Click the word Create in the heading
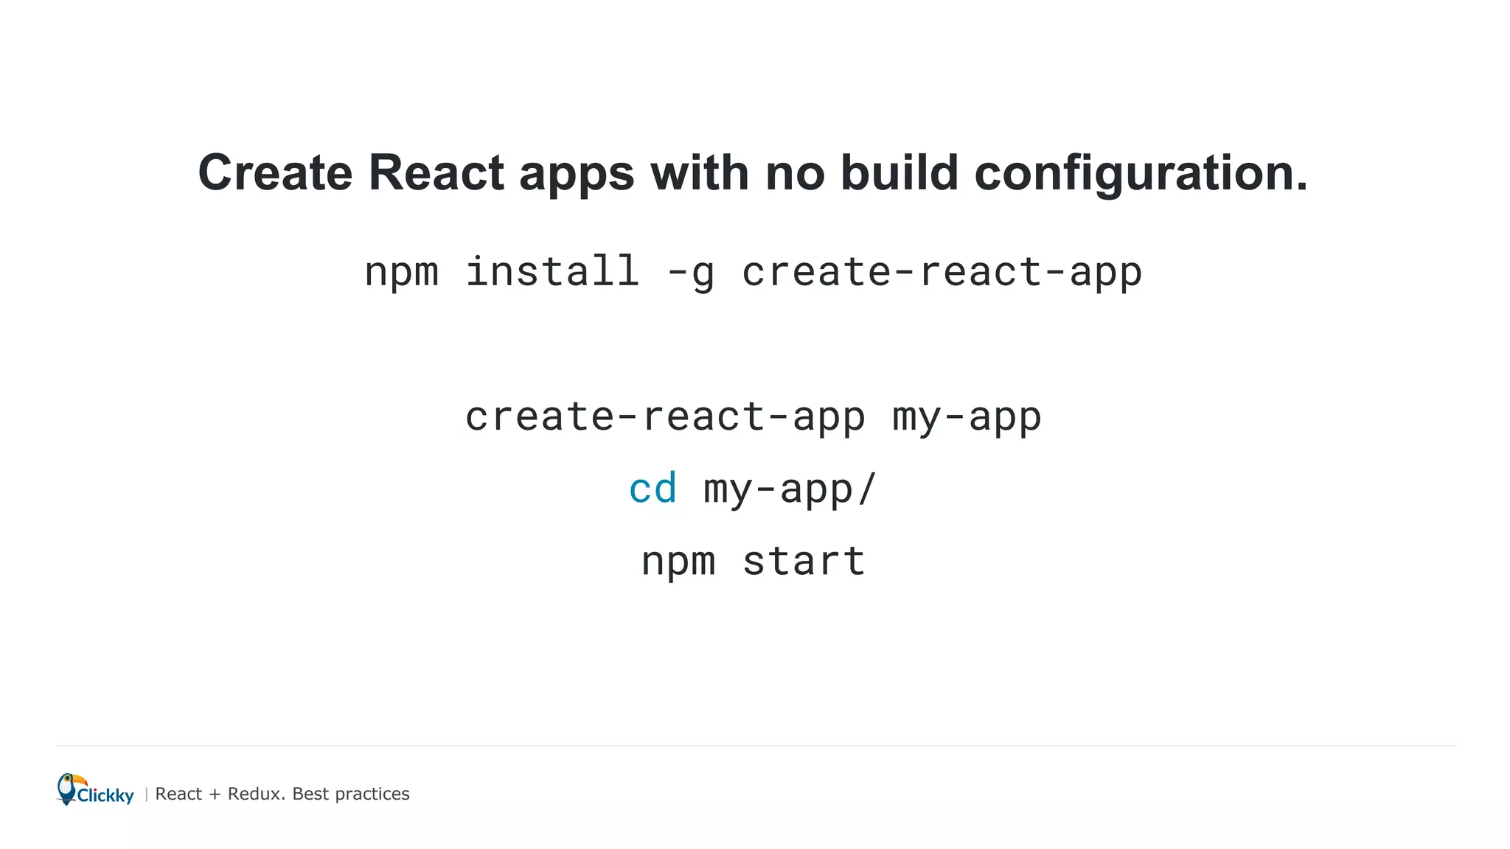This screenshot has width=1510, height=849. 275,173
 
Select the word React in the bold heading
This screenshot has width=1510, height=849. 436,173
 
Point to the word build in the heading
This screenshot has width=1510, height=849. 900,173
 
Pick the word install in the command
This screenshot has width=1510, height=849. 552,271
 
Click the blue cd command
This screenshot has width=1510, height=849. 653,489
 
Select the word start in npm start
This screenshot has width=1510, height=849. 804,562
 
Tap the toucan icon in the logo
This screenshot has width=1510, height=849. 68,788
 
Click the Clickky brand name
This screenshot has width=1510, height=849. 105,795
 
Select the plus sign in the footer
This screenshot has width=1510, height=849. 215,794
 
